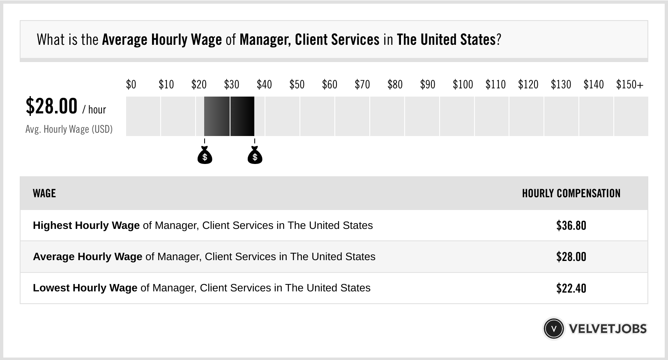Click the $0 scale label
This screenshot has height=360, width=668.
(x=131, y=85)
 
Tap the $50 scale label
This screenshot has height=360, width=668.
(x=297, y=85)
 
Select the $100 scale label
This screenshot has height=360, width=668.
(x=463, y=85)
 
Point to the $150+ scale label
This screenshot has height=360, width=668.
(x=630, y=85)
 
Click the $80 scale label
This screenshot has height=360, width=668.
(x=395, y=85)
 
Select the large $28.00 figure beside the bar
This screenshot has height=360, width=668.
(x=51, y=106)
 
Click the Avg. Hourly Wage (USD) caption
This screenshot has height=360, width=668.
(x=69, y=129)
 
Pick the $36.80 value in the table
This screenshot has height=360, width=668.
(x=571, y=226)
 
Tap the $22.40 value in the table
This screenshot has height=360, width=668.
(x=571, y=288)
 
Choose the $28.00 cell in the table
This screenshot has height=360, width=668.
(x=571, y=257)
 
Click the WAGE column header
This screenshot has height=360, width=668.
(x=44, y=193)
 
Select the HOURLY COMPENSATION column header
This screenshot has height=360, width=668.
(x=571, y=193)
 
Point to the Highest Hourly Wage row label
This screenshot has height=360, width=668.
(x=86, y=226)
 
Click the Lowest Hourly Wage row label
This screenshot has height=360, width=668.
(x=85, y=288)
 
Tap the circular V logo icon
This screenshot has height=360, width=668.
(x=554, y=329)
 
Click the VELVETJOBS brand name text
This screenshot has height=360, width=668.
(x=608, y=329)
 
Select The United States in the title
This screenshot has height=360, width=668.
(x=446, y=40)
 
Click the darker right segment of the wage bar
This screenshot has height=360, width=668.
(x=242, y=116)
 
